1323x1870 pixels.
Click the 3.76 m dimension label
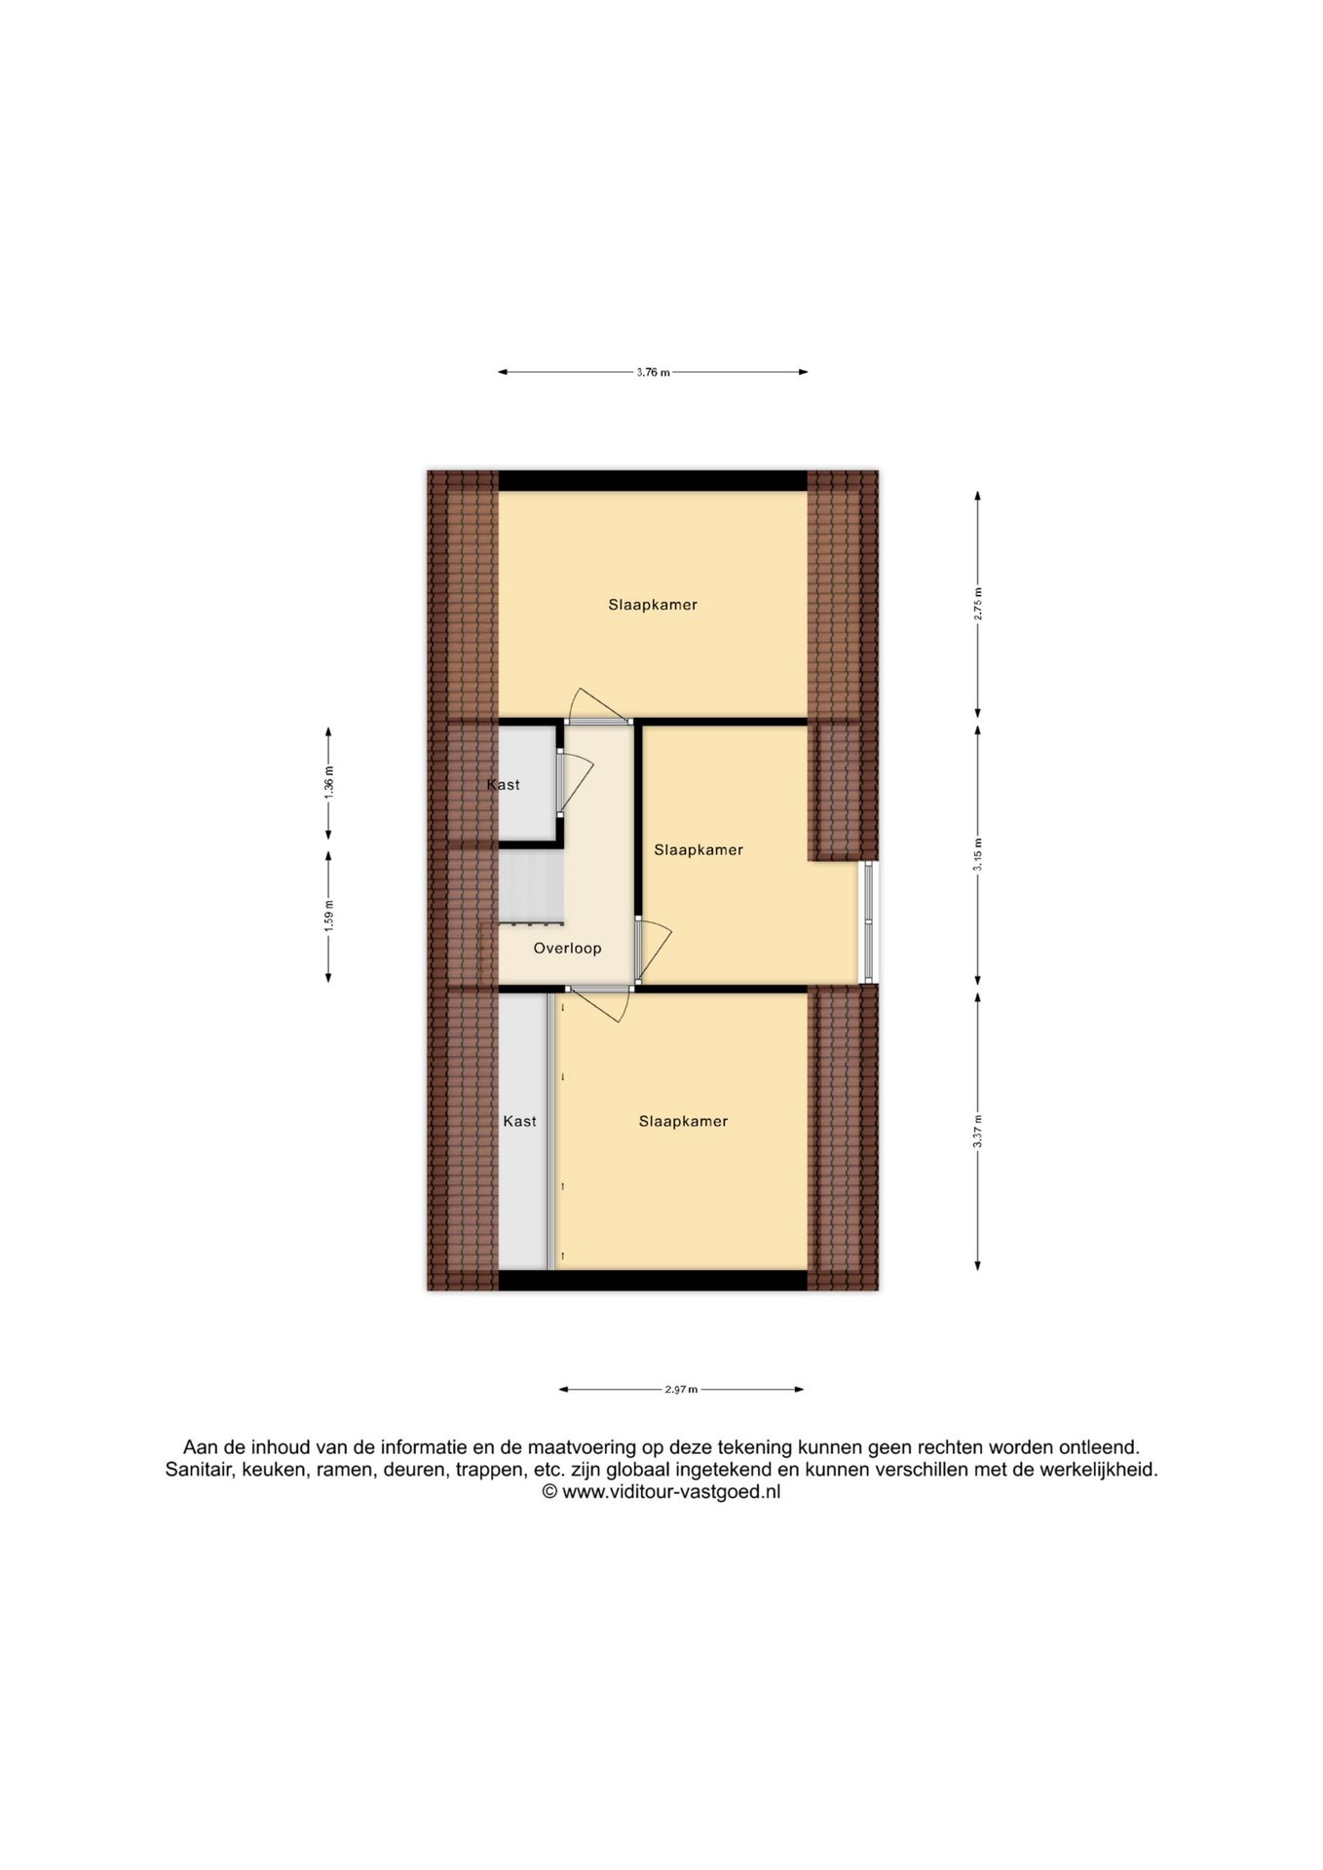653,372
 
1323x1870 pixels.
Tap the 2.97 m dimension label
681,1390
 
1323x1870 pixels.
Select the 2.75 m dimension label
978,604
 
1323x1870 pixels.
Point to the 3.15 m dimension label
978,854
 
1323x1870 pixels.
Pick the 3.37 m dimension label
978,1131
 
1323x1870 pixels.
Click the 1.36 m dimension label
328,783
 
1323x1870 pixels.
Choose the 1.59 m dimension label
328,916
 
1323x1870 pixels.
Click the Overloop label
567,948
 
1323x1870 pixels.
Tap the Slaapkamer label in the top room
653,605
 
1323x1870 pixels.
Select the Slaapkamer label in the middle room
699,850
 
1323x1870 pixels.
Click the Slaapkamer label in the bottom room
683,1122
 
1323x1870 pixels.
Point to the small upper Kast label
504,785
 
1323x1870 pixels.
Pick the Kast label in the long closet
519,1122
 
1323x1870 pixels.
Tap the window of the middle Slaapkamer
868,921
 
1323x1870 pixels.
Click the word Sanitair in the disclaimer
199,1470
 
